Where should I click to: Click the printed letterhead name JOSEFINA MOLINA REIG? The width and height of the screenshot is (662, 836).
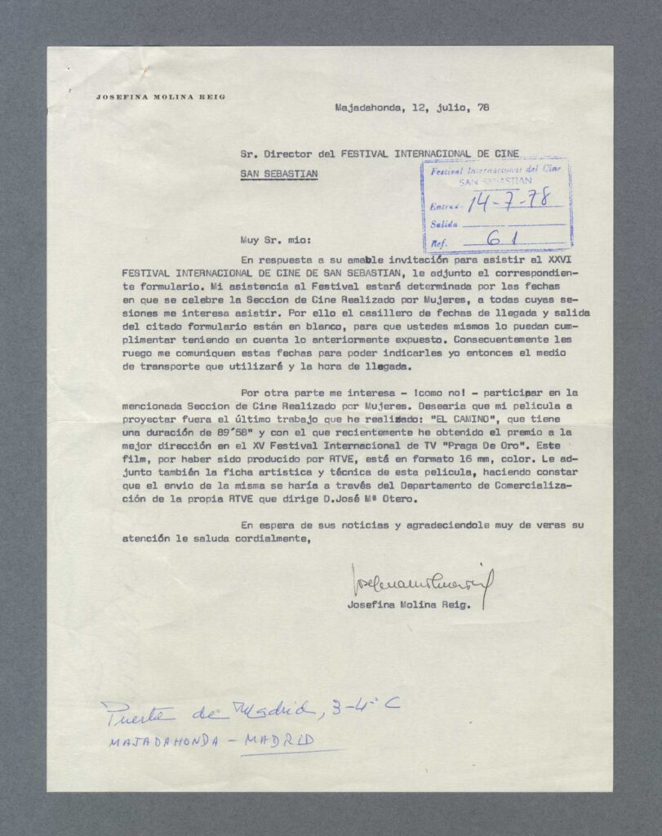tap(160, 96)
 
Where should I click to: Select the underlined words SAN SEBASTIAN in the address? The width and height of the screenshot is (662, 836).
tap(279, 173)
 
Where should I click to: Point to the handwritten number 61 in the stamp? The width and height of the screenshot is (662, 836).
tap(503, 240)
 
